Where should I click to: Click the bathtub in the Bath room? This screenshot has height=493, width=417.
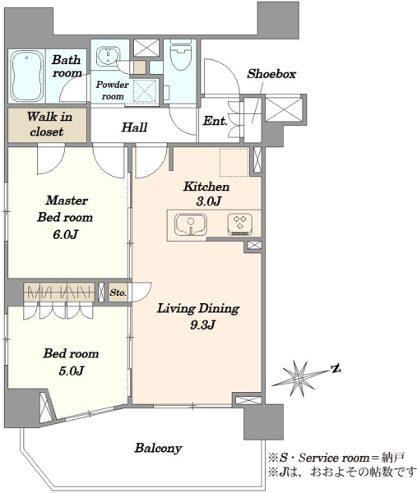(26, 76)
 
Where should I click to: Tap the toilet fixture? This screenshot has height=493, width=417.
(180, 57)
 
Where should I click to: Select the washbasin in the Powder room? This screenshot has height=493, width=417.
(108, 56)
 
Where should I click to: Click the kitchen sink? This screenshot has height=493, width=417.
(191, 225)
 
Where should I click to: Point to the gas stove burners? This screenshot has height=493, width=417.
(240, 224)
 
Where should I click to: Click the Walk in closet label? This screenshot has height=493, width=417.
(49, 124)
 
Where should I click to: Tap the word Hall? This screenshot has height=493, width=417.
(134, 127)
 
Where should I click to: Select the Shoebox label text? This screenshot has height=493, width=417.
(271, 74)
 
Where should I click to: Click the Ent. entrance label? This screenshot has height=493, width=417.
(215, 121)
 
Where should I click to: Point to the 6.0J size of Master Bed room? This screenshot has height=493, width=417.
(65, 234)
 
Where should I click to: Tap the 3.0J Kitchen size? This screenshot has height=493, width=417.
(208, 201)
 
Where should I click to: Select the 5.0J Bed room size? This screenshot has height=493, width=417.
(71, 371)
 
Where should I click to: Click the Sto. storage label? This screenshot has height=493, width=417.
(118, 293)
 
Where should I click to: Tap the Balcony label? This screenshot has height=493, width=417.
(158, 448)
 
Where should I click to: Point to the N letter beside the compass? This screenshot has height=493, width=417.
(336, 368)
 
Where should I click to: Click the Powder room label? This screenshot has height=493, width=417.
(113, 90)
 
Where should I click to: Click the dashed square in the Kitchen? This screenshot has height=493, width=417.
(234, 162)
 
